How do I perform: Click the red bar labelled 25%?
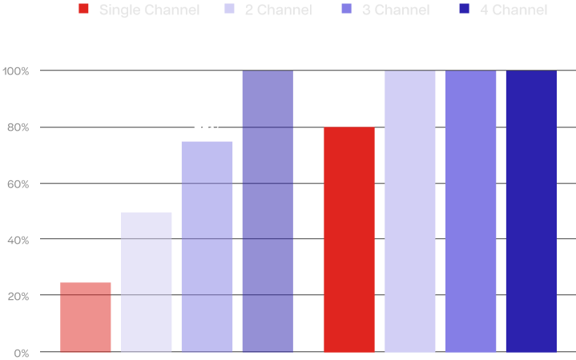pyautogui.click(x=86, y=317)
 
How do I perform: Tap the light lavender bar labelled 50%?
pyautogui.click(x=147, y=281)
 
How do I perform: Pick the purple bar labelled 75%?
pyautogui.click(x=207, y=246)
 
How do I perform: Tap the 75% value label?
pyautogui.click(x=207, y=131)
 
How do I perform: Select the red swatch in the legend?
pyautogui.click(x=84, y=10)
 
